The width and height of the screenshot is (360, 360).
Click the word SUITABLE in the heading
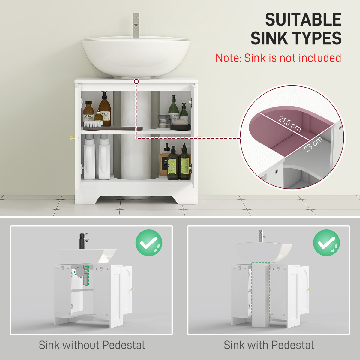[x=303, y=20]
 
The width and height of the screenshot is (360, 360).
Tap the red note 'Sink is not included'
[x=278, y=58]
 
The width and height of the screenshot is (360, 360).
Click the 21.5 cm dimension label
[x=289, y=123]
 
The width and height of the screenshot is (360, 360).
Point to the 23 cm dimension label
[x=313, y=144]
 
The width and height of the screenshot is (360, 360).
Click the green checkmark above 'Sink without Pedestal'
[x=149, y=243]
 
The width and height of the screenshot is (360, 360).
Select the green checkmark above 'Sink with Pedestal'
[x=326, y=243]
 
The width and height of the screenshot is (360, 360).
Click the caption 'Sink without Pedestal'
[x=92, y=345]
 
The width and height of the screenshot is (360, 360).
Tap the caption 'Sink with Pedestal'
[x=269, y=345]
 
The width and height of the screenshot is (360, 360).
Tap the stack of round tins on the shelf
[x=164, y=121]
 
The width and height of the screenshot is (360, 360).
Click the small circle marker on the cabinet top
[x=136, y=82]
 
